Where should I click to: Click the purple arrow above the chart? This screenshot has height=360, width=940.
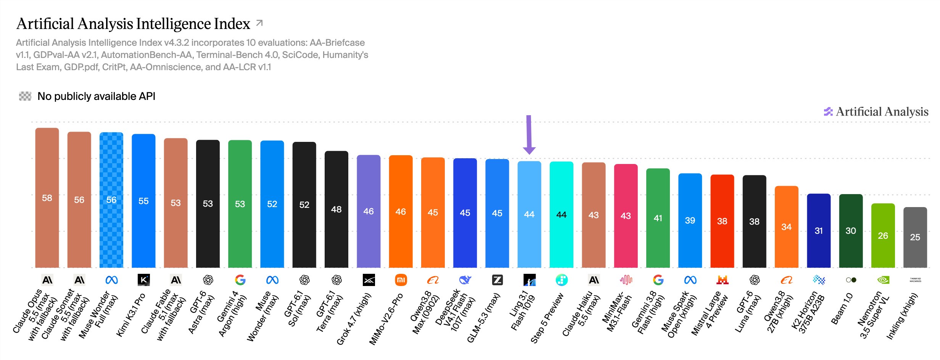(x=529, y=134)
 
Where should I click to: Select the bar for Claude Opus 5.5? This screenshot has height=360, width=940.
(x=47, y=198)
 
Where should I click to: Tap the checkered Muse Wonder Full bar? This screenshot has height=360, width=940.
(x=111, y=200)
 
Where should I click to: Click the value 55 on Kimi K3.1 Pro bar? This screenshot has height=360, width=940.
(x=143, y=201)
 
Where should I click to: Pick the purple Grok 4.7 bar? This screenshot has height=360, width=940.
(x=369, y=211)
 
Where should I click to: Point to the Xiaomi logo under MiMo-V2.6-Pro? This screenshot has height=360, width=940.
(x=401, y=280)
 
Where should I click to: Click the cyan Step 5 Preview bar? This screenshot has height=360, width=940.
(x=561, y=215)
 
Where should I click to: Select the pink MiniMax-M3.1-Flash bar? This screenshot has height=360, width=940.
(x=626, y=216)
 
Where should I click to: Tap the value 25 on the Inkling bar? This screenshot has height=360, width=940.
(x=915, y=237)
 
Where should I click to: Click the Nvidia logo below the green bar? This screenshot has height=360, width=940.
(x=883, y=280)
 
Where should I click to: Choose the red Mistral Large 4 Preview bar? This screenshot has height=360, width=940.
(x=722, y=221)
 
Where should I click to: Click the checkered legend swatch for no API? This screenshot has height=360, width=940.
(x=25, y=96)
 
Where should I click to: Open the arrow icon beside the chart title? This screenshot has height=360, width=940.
(x=259, y=23)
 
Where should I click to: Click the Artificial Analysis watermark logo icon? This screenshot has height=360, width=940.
(x=828, y=112)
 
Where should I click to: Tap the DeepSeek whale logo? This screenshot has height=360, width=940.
(x=465, y=280)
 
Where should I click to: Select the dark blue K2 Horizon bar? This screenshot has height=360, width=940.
(x=819, y=231)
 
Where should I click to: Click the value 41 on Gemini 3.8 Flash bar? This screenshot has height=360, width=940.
(x=658, y=218)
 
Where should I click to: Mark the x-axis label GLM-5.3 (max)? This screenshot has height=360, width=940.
(x=483, y=318)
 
